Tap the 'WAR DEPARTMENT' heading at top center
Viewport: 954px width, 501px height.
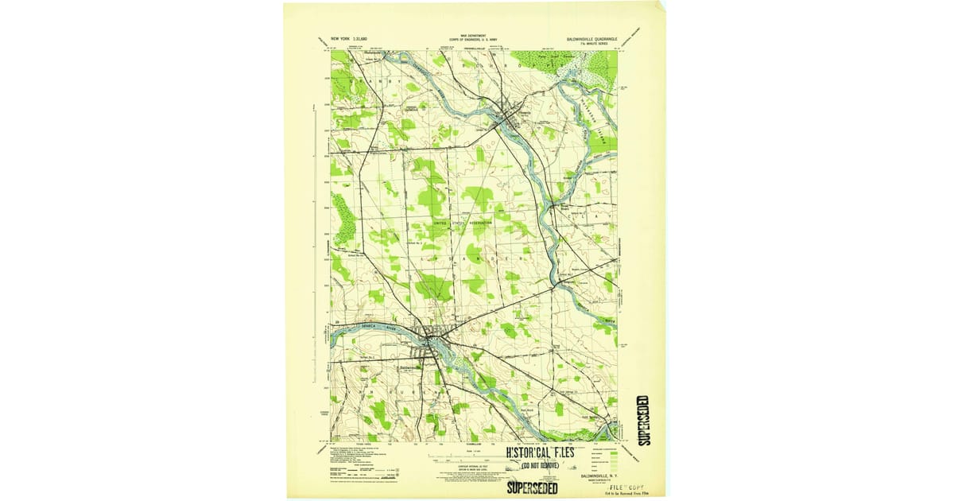473,35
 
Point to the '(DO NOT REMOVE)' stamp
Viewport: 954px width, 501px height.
540,465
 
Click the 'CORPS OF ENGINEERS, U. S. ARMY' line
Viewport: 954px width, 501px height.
473,39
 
